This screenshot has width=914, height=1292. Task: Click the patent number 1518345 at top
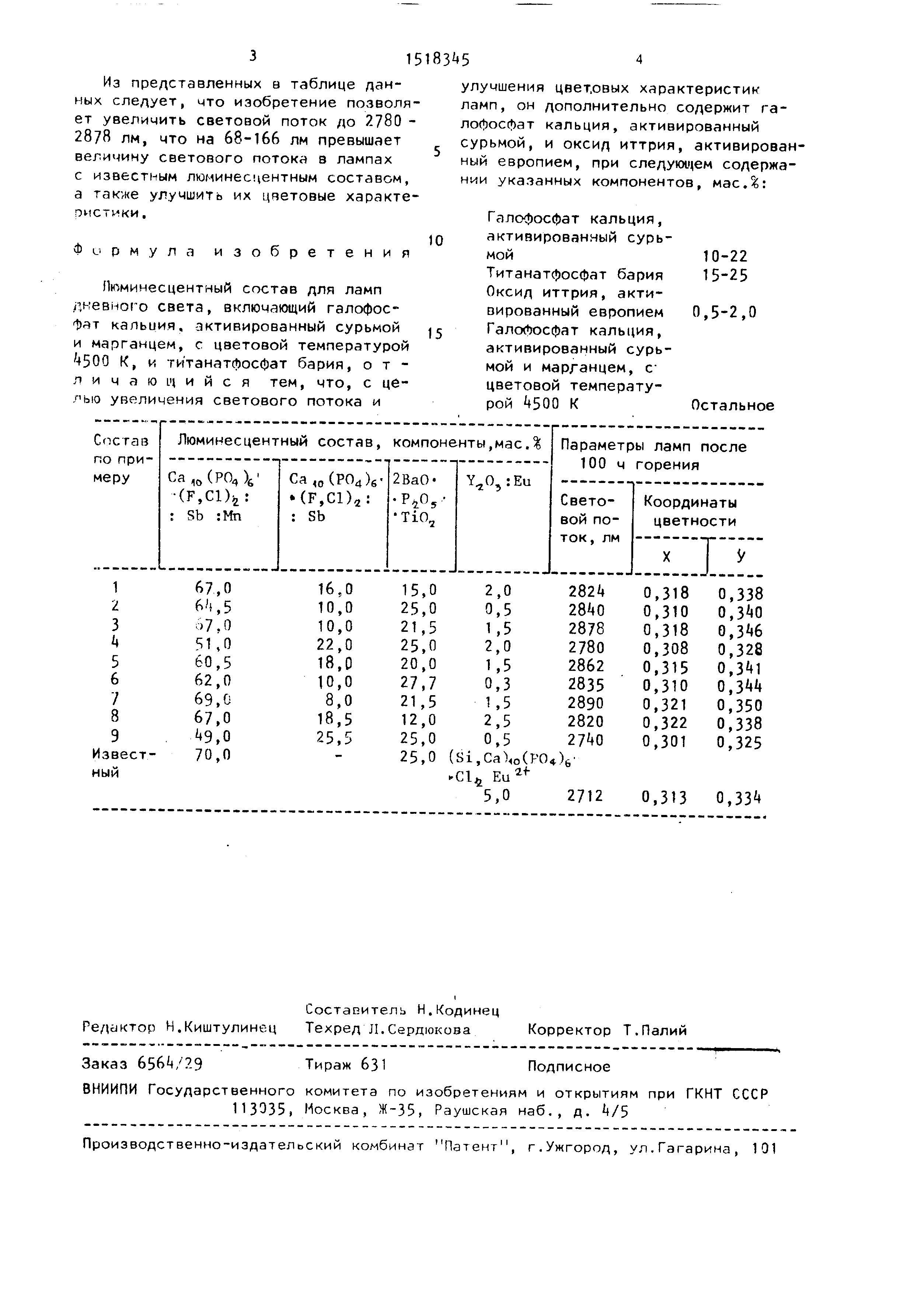pos(437,59)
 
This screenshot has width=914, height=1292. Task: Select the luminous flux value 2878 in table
pos(586,628)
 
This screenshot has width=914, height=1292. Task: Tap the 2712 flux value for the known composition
pos(586,796)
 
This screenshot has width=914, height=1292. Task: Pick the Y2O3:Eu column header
pos(499,481)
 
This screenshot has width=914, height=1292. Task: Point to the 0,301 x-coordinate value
pos(665,741)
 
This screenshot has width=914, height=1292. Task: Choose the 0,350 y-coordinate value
pos(740,705)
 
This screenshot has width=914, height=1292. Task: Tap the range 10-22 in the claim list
pos(725,257)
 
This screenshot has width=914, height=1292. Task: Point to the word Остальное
pos(732,406)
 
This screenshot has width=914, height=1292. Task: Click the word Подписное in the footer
pos(569,1067)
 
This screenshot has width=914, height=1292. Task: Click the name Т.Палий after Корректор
pos(655,1030)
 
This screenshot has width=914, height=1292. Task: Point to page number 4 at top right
pos(638,60)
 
